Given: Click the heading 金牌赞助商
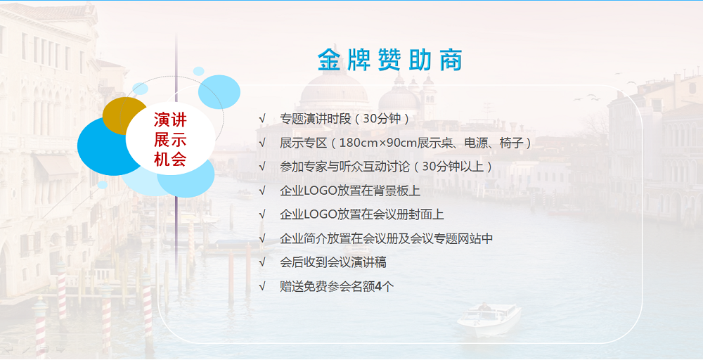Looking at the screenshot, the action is click(389, 60).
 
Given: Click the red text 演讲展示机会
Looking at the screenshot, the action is click(170, 139).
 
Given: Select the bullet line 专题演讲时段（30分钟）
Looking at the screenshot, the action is click(344, 119).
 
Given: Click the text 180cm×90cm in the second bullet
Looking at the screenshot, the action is click(378, 143).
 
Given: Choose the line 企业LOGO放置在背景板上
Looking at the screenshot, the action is click(350, 191).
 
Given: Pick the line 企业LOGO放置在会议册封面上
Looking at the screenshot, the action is click(362, 214).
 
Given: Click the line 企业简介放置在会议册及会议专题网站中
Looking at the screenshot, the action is click(386, 238).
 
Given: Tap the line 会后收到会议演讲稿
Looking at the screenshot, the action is click(333, 262).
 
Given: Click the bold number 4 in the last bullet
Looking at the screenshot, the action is click(378, 286).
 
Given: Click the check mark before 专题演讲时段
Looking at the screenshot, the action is click(262, 120).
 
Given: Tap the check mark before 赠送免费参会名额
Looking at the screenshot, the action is click(262, 286).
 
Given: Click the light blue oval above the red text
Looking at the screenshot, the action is click(219, 92).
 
